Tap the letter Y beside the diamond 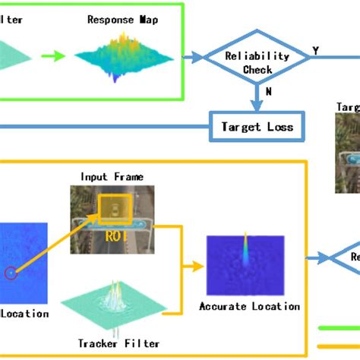315,52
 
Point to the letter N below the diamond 268,92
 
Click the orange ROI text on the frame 115,235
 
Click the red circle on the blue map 11,273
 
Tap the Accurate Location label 249,307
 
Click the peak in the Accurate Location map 245,251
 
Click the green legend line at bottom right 338,329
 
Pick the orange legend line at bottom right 338,346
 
